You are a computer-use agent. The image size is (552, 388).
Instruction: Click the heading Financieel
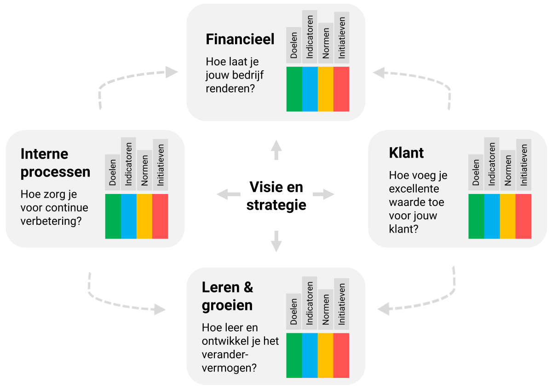240,39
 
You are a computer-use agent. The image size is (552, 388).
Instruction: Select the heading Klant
406,153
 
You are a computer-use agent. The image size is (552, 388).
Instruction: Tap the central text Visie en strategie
276,195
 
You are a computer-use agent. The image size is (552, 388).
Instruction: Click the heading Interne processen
55,163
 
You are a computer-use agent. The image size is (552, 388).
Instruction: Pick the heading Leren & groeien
227,296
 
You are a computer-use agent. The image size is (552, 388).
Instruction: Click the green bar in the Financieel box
294,89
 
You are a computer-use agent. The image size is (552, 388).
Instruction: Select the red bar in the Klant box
523,216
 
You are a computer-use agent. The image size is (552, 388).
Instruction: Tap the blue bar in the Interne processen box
129,216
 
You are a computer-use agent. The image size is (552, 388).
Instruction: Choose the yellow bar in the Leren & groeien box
326,355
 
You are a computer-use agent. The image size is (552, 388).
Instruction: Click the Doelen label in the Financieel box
294,45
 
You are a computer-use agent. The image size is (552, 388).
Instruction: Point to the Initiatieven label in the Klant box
523,164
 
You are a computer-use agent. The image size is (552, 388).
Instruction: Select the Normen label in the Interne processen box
144,169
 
